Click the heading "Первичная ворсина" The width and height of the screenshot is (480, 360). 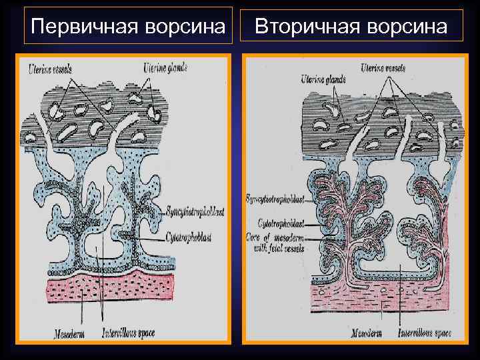coord(129,27)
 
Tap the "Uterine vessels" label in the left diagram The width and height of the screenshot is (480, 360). coord(51,68)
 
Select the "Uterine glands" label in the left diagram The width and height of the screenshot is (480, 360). coord(165,67)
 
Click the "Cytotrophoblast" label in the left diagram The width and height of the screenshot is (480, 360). coord(186,237)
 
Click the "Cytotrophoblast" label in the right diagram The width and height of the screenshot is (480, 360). coord(279,224)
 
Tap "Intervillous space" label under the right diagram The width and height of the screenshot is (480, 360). coord(423,332)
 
